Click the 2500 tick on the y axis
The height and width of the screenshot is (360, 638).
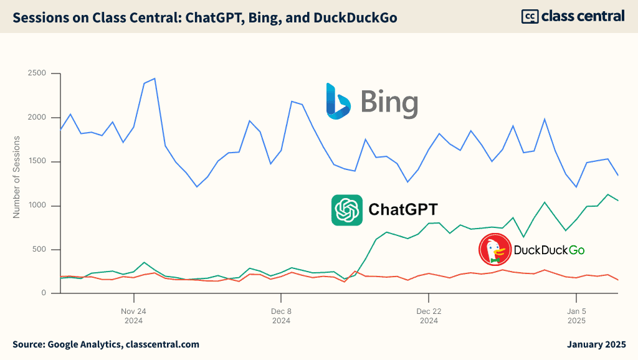tap(37, 73)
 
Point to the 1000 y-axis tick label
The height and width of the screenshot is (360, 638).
tap(37, 206)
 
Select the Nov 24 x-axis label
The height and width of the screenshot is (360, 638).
tap(133, 311)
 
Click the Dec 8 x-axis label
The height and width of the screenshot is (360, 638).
tap(281, 311)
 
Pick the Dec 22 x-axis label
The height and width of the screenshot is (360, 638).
tap(429, 311)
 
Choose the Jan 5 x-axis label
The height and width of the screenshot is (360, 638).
tap(576, 311)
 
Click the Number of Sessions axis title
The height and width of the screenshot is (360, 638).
tap(17, 176)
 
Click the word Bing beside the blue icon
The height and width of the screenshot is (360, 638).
tap(389, 103)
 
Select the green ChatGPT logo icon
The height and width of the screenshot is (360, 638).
tap(347, 210)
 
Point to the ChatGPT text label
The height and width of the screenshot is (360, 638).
tap(403, 209)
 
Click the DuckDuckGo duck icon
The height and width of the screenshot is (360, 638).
tap(494, 250)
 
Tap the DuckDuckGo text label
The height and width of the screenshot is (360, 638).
tap(549, 250)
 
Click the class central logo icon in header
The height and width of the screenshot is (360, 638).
tap(530, 16)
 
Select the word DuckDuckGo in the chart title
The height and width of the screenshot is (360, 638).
tap(354, 18)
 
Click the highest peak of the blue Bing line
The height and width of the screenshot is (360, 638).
tap(154, 78)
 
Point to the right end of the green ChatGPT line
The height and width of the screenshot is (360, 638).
tap(618, 201)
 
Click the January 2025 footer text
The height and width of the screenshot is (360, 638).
tap(596, 344)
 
